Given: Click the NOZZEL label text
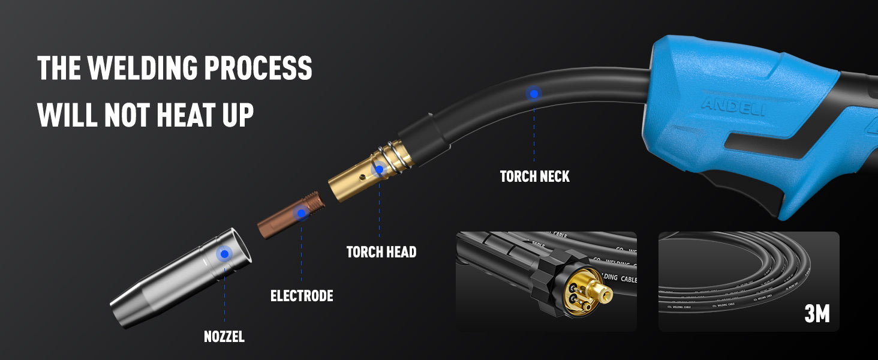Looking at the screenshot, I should (224, 336).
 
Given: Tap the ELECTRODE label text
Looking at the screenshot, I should (302, 295).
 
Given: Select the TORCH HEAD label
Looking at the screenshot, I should (381, 251).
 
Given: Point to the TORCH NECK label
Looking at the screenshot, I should (535, 176).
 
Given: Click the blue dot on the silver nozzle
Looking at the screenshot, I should (224, 254).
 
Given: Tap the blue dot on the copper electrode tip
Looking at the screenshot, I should (301, 213).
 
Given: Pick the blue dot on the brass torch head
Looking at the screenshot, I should (379, 170).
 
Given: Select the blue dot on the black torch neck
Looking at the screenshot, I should (533, 93).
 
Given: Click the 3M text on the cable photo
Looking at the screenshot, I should (817, 313).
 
